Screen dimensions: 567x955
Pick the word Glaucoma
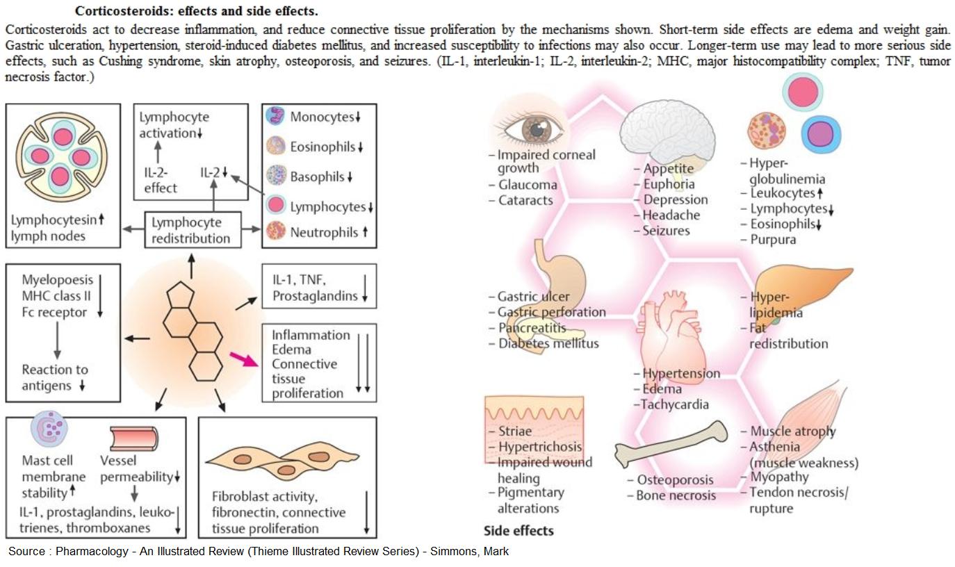click(528, 185)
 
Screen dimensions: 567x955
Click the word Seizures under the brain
click(666, 231)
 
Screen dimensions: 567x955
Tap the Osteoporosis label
click(675, 480)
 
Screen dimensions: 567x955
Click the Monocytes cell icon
click(276, 116)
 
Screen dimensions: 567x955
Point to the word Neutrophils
click(324, 232)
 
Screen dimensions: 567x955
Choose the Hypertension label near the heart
click(680, 374)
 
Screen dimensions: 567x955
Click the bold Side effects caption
click(519, 531)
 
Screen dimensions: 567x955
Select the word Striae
click(514, 432)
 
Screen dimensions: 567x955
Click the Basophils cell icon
click(276, 176)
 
